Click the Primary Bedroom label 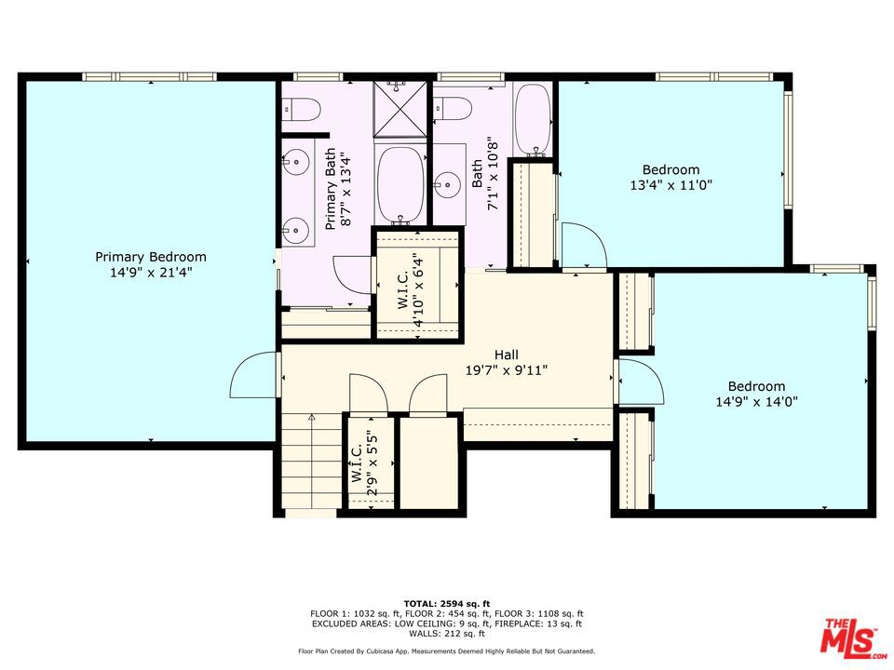point(151,264)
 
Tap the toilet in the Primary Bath point(301,109)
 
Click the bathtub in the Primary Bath point(400,184)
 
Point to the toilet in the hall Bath point(452,108)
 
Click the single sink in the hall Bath point(449,184)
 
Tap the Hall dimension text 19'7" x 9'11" point(507,370)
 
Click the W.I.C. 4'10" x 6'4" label point(411,290)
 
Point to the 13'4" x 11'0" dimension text point(671,184)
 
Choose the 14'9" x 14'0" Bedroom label point(756,394)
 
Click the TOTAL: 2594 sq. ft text point(447,603)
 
